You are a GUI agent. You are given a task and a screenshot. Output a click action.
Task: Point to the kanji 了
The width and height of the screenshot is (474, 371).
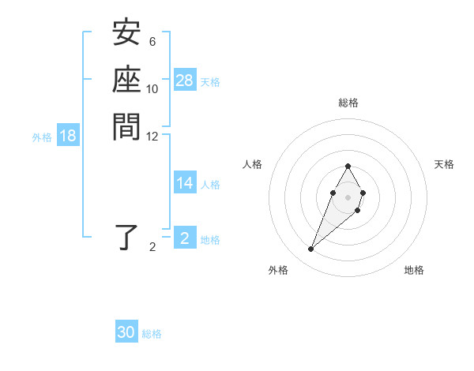[x=126, y=238]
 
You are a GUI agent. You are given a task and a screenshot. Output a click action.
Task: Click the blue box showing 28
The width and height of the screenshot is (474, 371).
[x=185, y=81]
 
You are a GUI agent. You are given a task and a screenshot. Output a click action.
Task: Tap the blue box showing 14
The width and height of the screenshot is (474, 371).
[x=185, y=183]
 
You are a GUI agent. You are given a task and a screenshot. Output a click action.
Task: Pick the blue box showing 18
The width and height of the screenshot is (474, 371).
[x=68, y=136]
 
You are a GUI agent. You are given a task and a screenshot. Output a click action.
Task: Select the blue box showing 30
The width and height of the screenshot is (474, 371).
[x=126, y=332]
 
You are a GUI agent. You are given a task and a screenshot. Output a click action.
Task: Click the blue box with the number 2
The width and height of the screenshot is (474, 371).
[x=185, y=238]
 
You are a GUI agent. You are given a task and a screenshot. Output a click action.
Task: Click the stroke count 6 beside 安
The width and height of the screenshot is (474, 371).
[x=152, y=42]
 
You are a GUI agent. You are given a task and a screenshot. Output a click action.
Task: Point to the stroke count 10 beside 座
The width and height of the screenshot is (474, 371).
[x=152, y=88]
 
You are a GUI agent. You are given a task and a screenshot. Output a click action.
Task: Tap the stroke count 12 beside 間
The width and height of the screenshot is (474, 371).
[x=152, y=136]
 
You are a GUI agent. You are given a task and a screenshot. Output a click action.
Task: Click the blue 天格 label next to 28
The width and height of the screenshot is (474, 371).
[x=210, y=81]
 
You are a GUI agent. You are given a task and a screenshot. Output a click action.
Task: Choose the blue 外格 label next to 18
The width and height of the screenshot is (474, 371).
[x=42, y=137]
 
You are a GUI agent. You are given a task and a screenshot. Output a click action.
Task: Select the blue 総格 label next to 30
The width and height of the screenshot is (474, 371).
[x=152, y=334]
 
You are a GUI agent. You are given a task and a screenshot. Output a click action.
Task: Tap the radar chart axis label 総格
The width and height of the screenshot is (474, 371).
[x=348, y=103]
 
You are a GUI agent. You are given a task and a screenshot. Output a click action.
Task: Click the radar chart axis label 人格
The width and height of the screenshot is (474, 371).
[x=253, y=164]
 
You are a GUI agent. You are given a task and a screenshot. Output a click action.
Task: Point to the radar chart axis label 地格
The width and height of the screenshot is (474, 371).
[x=414, y=270]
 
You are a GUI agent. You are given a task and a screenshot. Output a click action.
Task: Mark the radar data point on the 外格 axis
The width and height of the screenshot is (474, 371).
[x=311, y=249]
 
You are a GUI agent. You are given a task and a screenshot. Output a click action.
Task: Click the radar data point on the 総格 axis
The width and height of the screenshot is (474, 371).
[x=348, y=166]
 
